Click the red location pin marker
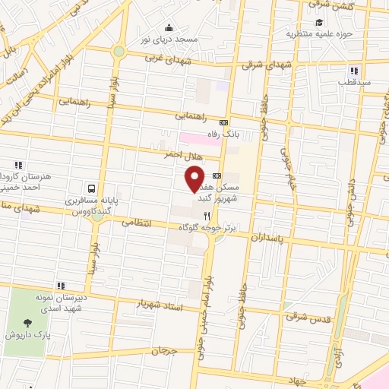[x=194, y=179]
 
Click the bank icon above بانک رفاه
[x=223, y=122]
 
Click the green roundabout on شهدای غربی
[x=119, y=51]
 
